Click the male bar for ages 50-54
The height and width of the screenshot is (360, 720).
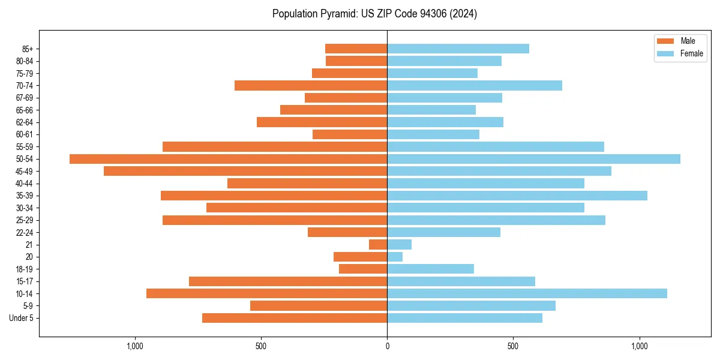pyautogui.click(x=228, y=159)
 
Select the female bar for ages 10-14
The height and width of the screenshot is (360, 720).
pyautogui.click(x=527, y=293)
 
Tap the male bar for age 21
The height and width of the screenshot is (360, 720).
pyautogui.click(x=378, y=245)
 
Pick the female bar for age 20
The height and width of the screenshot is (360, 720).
pyautogui.click(x=395, y=257)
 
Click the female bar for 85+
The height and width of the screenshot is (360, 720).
pyautogui.click(x=458, y=49)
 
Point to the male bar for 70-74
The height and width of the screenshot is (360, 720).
pyautogui.click(x=311, y=85)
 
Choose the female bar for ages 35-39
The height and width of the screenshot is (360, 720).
pyautogui.click(x=517, y=196)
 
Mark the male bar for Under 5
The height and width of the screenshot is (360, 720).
pyautogui.click(x=295, y=318)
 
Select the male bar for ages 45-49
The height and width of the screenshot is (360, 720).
pyautogui.click(x=245, y=171)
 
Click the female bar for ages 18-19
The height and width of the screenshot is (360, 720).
pyautogui.click(x=430, y=269)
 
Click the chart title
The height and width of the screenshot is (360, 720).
pyautogui.click(x=374, y=14)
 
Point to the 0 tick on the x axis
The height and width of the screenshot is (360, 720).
pyautogui.click(x=387, y=346)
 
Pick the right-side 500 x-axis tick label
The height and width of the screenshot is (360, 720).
pyautogui.click(x=512, y=346)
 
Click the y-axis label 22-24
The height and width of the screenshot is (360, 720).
pyautogui.click(x=25, y=232)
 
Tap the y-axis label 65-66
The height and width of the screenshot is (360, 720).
pyautogui.click(x=25, y=110)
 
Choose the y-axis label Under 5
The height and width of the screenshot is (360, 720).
pyautogui.click(x=22, y=318)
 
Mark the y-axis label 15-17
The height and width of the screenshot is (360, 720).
pyautogui.click(x=25, y=281)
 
